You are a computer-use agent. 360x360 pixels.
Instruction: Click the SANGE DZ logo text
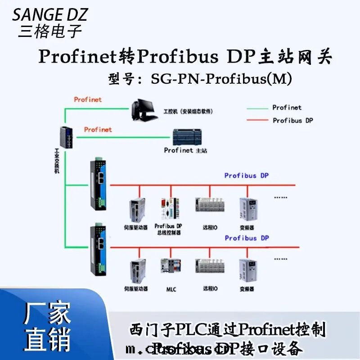[x=49, y=15]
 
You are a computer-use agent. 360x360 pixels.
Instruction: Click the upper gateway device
[x=98, y=184]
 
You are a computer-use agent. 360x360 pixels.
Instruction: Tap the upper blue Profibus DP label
[x=246, y=175]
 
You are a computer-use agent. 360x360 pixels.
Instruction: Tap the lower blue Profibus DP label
[x=246, y=238]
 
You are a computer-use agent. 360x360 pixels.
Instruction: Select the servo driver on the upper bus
[x=137, y=210]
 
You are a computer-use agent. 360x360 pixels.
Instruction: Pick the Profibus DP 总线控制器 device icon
[x=167, y=209]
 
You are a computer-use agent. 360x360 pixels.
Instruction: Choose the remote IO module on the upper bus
[x=207, y=206]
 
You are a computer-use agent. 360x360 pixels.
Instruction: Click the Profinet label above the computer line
[x=88, y=99]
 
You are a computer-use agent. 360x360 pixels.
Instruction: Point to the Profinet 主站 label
[x=185, y=150]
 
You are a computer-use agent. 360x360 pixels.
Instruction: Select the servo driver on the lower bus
[x=137, y=271]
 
